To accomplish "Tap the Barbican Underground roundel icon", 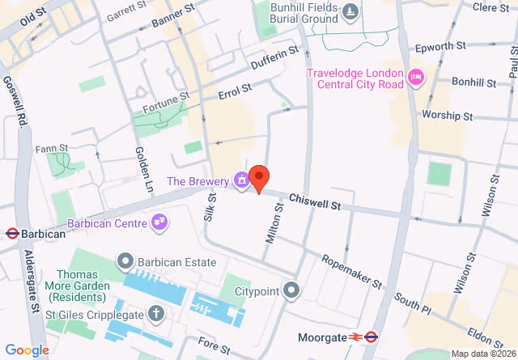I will (12, 234).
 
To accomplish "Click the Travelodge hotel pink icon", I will (416, 78).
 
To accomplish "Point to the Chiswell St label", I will (314, 198).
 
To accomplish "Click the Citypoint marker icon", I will (292, 290).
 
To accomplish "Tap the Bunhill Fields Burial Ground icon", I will (350, 11).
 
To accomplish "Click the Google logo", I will (27, 350).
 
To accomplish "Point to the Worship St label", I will (447, 116).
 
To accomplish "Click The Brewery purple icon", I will (241, 180).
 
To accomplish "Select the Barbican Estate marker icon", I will (125, 261).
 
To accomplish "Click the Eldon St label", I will (486, 335).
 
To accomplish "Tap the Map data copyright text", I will (482, 354).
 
